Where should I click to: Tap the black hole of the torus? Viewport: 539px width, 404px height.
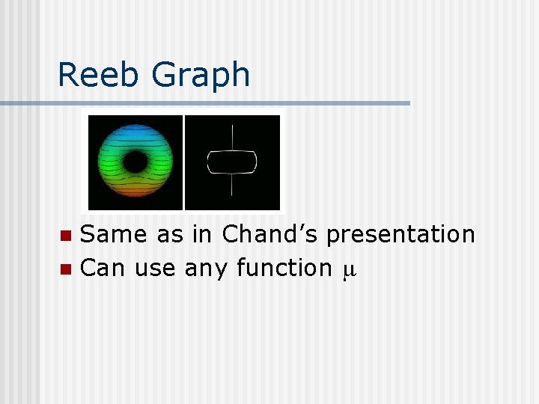(135, 161)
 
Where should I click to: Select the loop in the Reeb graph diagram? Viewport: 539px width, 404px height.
(232, 162)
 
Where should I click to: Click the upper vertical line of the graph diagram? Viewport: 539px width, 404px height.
(232, 138)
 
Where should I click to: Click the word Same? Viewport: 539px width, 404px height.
(114, 234)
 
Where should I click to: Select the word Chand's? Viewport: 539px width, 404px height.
(270, 234)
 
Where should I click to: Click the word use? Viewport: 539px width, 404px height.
(156, 267)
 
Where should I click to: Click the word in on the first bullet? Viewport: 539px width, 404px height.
(202, 234)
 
